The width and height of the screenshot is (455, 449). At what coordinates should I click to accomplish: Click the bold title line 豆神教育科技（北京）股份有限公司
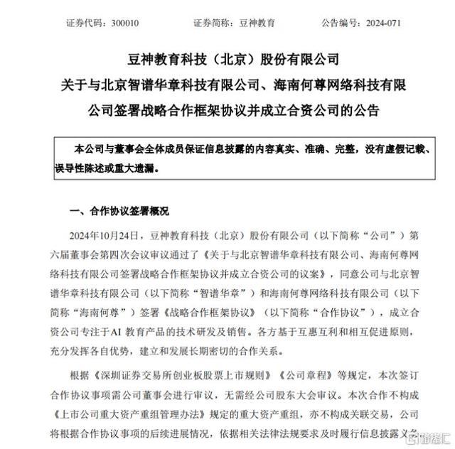click(227, 58)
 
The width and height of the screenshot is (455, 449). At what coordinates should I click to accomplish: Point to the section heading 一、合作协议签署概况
click(119, 212)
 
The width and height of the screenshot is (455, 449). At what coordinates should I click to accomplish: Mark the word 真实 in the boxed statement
click(269, 151)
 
